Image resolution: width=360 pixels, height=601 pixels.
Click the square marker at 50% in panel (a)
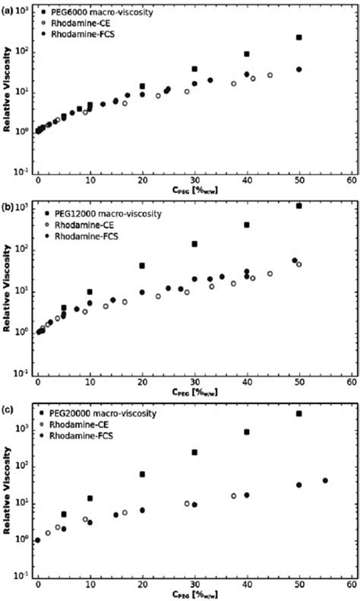coord(298,37)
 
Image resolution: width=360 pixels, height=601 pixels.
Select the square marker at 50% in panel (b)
coord(298,206)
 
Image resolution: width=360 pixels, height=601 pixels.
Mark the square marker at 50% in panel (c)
coord(298,413)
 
